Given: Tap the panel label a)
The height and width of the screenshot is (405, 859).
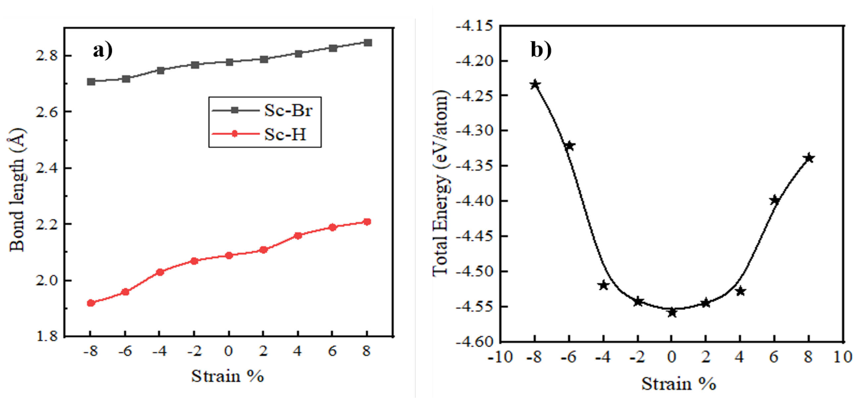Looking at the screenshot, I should [103, 51].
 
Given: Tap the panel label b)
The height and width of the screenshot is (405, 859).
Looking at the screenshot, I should [541, 50].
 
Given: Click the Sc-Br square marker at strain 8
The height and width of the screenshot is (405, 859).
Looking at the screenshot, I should [368, 43].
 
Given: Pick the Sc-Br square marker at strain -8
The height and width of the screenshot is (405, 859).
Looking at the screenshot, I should [91, 82].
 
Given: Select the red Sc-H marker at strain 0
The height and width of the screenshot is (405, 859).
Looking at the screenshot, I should [229, 256].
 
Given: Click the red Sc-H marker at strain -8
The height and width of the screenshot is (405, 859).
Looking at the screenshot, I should [91, 303].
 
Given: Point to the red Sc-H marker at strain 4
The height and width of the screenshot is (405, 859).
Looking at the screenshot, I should [298, 236].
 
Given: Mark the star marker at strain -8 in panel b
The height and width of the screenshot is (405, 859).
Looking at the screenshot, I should [535, 85].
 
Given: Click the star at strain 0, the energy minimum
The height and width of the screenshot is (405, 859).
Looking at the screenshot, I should [672, 313].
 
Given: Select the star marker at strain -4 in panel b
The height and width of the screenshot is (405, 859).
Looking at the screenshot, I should [604, 285].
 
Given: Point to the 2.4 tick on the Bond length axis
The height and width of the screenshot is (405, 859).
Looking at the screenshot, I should [47, 168].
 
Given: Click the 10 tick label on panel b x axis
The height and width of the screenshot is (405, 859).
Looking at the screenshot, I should [842, 357].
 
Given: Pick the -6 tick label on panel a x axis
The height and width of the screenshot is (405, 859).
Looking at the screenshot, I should [125, 351].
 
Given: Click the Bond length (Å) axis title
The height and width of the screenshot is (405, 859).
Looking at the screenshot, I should [17, 190].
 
